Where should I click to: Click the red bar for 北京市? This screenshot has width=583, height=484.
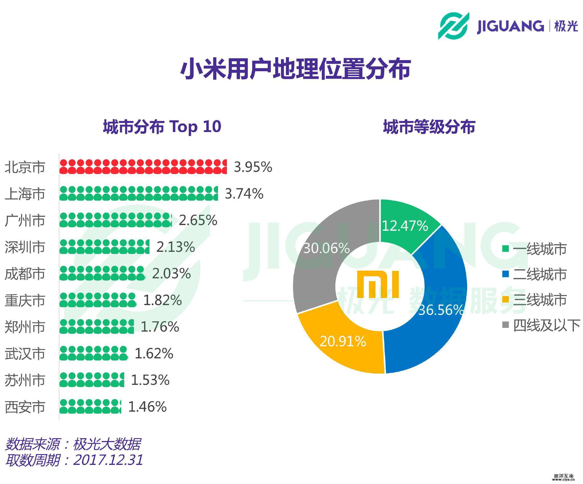[x=143, y=167]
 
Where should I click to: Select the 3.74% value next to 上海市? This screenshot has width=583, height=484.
[x=244, y=194]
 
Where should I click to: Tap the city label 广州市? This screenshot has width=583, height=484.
[x=25, y=220]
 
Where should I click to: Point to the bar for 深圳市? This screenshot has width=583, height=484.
[x=104, y=247]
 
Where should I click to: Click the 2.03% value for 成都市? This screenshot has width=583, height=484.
[x=171, y=274]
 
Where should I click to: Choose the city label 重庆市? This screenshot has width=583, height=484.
[x=25, y=301]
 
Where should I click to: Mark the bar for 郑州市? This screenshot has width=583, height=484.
[x=97, y=326]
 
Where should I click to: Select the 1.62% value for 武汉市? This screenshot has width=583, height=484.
[x=154, y=354]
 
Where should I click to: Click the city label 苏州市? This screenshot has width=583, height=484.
[x=25, y=380]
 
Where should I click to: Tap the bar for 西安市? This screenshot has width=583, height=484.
[x=90, y=407]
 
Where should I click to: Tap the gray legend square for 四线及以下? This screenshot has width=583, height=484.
[x=505, y=324]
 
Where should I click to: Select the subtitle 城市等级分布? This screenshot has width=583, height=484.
[x=429, y=127]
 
